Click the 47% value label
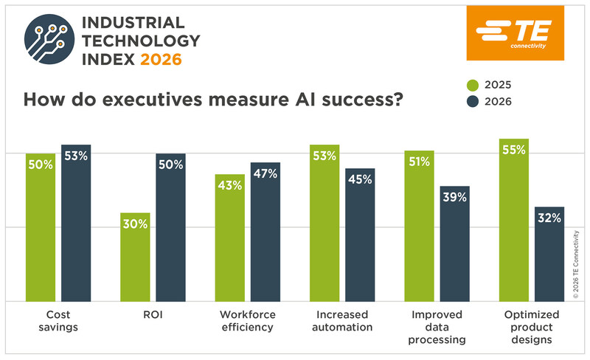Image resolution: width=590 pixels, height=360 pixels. point(265,174)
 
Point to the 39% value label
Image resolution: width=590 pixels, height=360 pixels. point(454,197)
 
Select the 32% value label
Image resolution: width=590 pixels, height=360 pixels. point(549,218)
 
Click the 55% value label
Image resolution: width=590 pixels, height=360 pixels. point(513,150)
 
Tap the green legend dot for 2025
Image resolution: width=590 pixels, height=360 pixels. point(494,85)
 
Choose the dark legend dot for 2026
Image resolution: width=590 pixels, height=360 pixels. point(494,102)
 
